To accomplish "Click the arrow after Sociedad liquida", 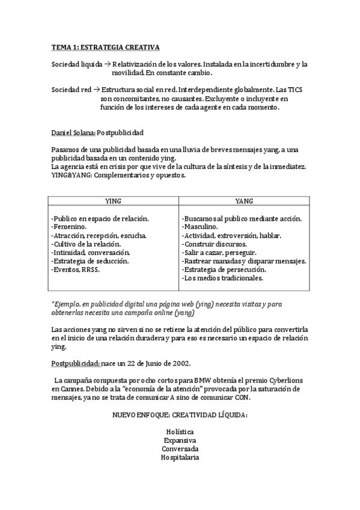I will point(107,64).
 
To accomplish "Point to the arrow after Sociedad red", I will point(97,90).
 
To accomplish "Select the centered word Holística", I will point(180,432).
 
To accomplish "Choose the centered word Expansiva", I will point(180,440).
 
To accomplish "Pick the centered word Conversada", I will point(180,449).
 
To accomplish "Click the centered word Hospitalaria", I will point(180,457).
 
